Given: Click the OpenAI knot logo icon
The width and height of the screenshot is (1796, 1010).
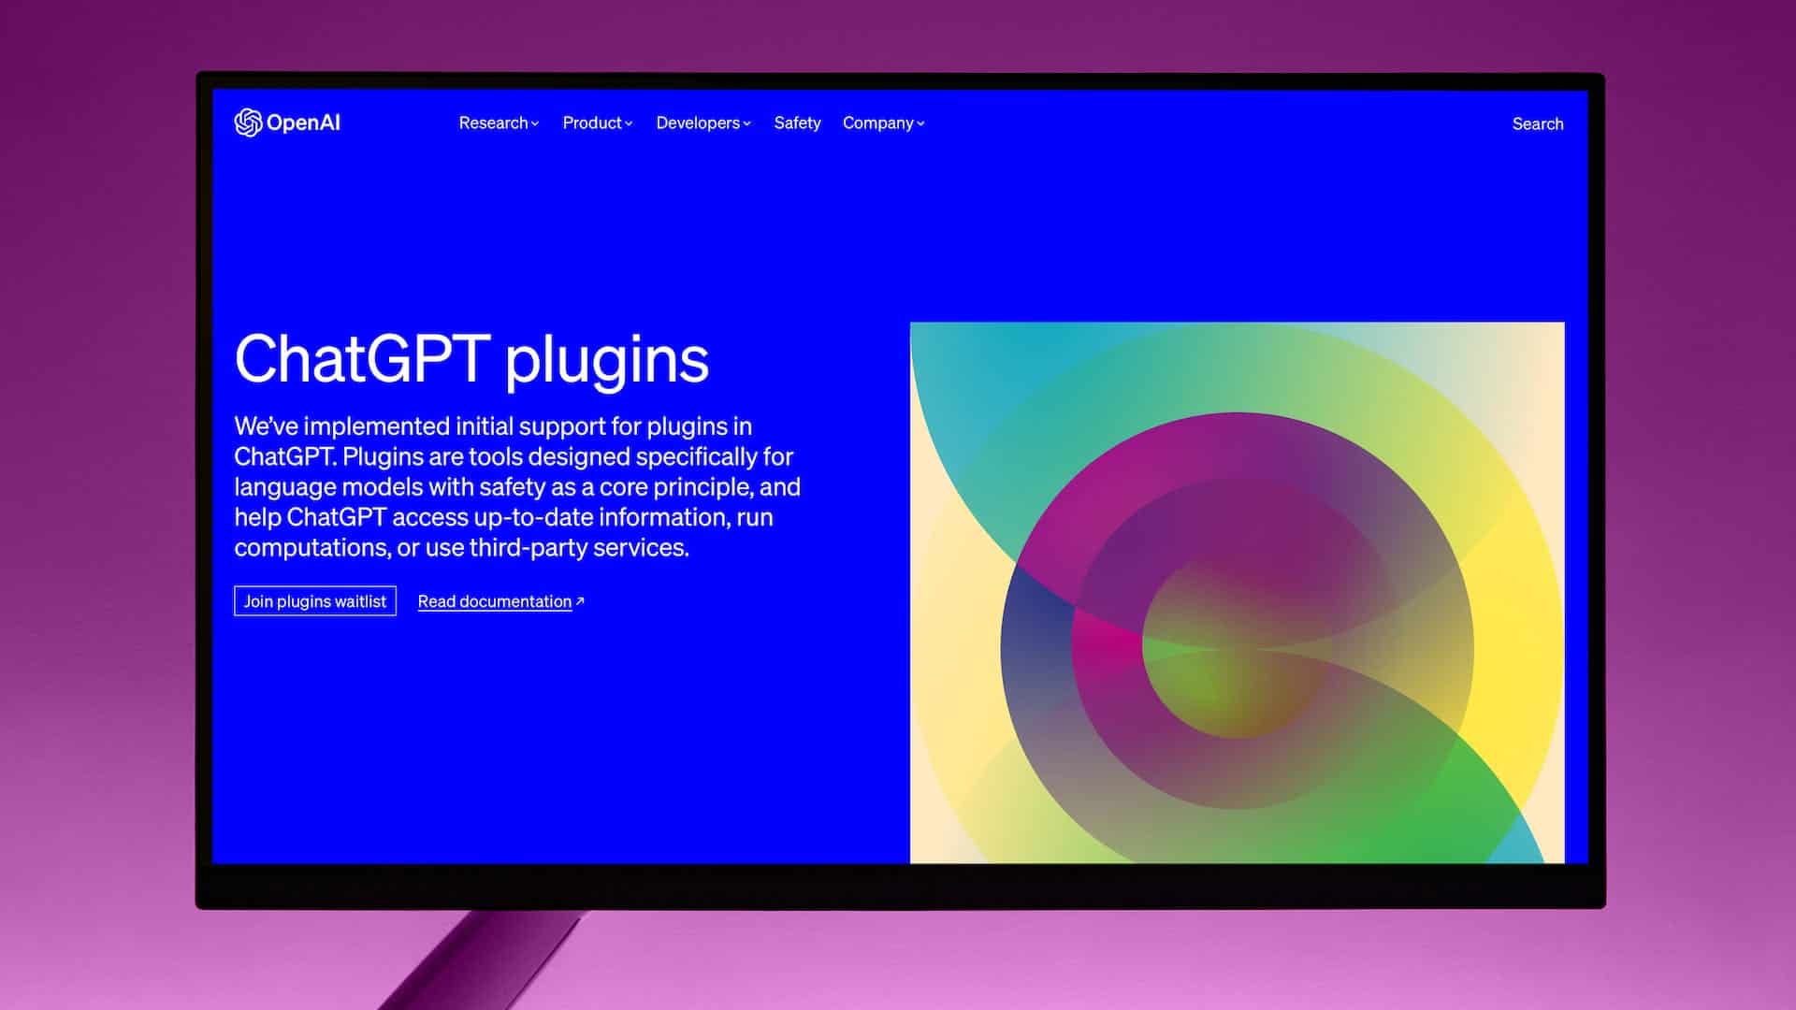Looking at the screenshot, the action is click(x=248, y=123).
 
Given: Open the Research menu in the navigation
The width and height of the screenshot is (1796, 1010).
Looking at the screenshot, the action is click(x=499, y=123).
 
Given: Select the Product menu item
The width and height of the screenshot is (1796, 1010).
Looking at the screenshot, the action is click(x=598, y=123).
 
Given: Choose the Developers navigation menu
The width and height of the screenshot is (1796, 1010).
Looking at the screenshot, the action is click(x=703, y=123).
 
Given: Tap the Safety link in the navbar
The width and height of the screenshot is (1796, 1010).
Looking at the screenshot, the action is click(x=797, y=123).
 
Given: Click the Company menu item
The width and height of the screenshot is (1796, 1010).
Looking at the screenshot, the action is click(x=883, y=123).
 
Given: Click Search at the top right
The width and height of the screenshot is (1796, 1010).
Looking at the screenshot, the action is click(x=1538, y=123).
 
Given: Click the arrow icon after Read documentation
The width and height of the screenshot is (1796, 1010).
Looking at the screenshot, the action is click(x=580, y=601).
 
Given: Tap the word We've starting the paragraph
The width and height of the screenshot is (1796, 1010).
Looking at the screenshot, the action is click(x=265, y=426).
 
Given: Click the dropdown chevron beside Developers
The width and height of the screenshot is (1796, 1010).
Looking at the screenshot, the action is click(x=746, y=123).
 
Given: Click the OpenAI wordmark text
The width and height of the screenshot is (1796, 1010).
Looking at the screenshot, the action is click(x=303, y=123).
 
